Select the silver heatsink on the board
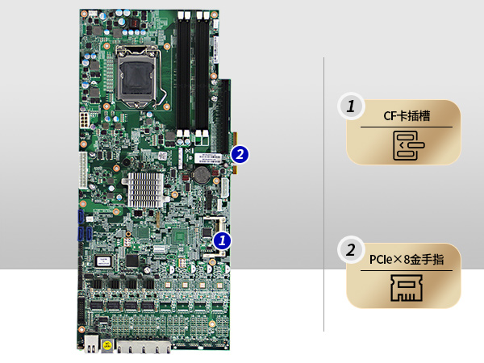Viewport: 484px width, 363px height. tap(143, 189)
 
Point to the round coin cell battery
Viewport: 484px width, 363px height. tap(200, 172)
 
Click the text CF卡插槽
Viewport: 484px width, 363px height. tap(406, 116)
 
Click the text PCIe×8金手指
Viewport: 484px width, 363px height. tap(406, 260)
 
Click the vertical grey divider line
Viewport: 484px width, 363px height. tap(324, 194)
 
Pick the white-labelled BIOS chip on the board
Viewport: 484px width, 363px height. tap(102, 261)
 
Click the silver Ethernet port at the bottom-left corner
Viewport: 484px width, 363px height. tap(92, 345)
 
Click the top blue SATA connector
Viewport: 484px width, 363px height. tap(81, 219)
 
